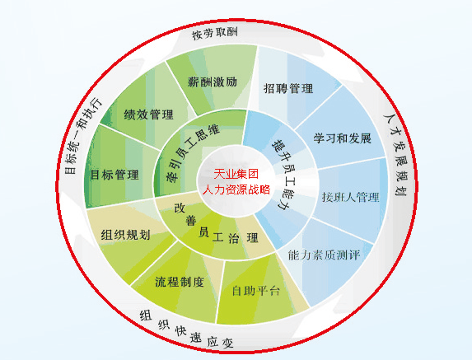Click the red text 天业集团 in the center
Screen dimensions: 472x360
[236, 174]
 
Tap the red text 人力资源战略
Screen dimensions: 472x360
[236, 189]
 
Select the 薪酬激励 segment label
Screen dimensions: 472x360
[213, 82]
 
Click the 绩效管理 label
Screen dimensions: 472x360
[149, 115]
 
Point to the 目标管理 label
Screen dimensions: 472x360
[114, 175]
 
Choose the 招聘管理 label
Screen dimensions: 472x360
[288, 88]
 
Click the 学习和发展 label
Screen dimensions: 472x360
[342, 138]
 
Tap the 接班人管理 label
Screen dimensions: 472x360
[350, 197]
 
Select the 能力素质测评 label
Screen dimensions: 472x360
[325, 255]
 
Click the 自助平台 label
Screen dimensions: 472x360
[256, 291]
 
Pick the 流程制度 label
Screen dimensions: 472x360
[180, 282]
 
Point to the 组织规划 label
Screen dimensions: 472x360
[125, 235]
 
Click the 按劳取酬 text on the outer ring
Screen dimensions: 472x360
[215, 33]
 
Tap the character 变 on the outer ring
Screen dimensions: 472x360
[227, 343]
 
